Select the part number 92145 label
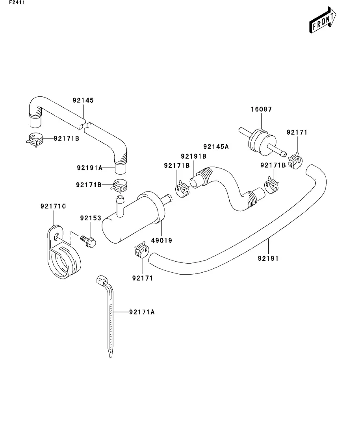point(83,100)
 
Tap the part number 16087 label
point(261,109)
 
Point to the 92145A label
point(216,147)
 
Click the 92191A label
point(89,168)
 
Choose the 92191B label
point(194,156)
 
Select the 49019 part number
point(162,240)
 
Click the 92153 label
point(91,218)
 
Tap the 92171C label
point(53,206)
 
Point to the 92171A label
point(142,312)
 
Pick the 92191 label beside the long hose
point(268,259)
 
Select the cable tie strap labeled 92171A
point(109,319)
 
